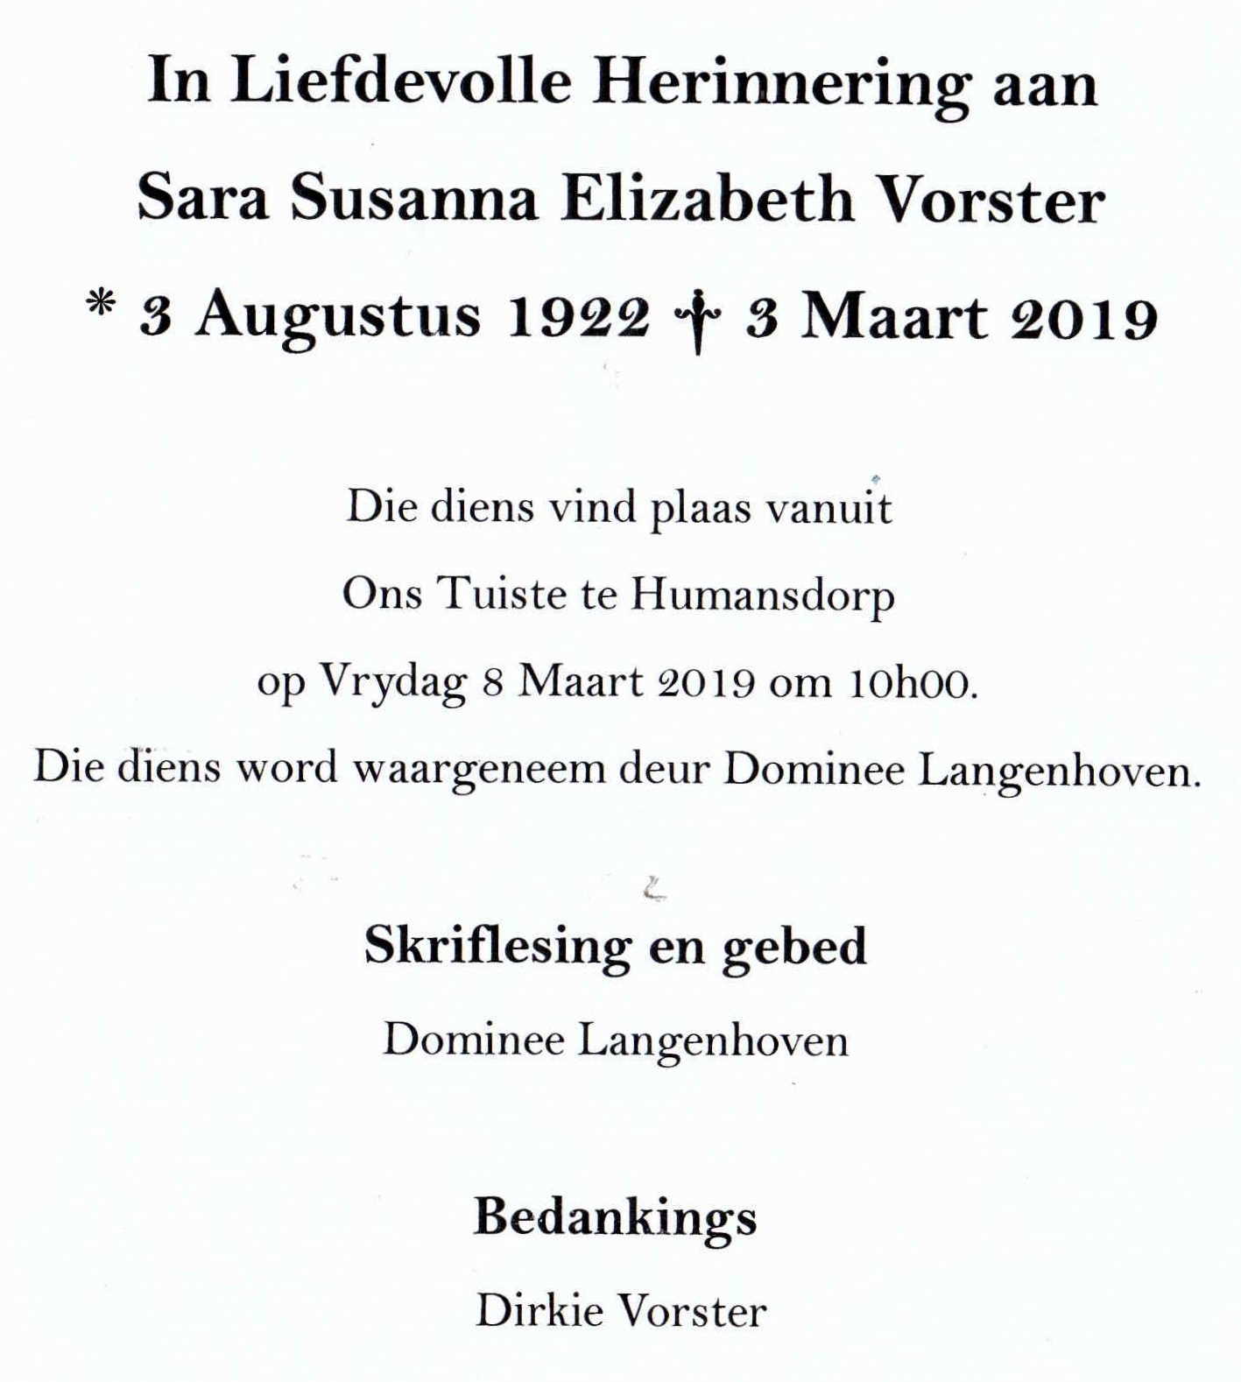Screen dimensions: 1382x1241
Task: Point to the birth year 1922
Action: (x=579, y=316)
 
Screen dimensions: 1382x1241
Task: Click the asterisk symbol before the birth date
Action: (x=102, y=309)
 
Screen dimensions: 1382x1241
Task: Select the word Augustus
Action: (x=338, y=316)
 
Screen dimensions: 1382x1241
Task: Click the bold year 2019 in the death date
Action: (x=1084, y=318)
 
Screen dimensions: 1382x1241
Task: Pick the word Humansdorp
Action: (x=762, y=596)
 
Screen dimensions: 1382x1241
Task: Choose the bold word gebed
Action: (x=793, y=947)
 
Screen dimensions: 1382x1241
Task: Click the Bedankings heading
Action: (x=615, y=1218)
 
